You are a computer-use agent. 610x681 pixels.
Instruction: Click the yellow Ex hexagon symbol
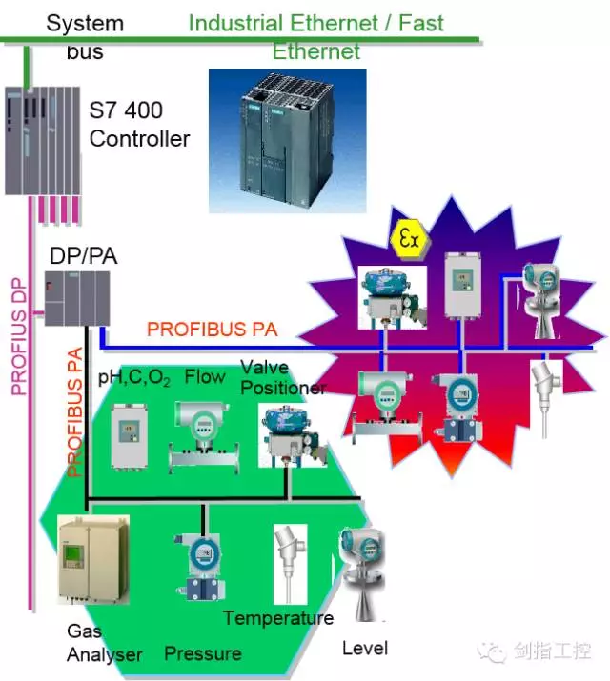(x=408, y=239)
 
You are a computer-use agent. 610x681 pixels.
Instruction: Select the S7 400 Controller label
(x=139, y=124)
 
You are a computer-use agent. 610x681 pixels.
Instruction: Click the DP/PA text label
(x=76, y=254)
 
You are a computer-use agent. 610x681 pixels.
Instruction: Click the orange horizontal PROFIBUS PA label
(x=213, y=330)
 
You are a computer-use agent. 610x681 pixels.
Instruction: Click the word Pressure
(x=202, y=653)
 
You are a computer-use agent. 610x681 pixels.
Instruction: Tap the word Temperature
(x=278, y=618)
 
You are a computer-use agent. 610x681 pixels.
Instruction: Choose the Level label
(x=365, y=649)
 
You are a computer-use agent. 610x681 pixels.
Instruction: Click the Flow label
(x=205, y=377)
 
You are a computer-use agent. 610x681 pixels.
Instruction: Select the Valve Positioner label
(x=282, y=378)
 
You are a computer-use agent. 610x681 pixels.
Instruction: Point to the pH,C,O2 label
(x=134, y=378)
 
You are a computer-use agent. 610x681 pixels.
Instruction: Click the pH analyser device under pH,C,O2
(x=130, y=436)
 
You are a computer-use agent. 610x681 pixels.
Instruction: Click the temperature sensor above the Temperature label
(x=288, y=562)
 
